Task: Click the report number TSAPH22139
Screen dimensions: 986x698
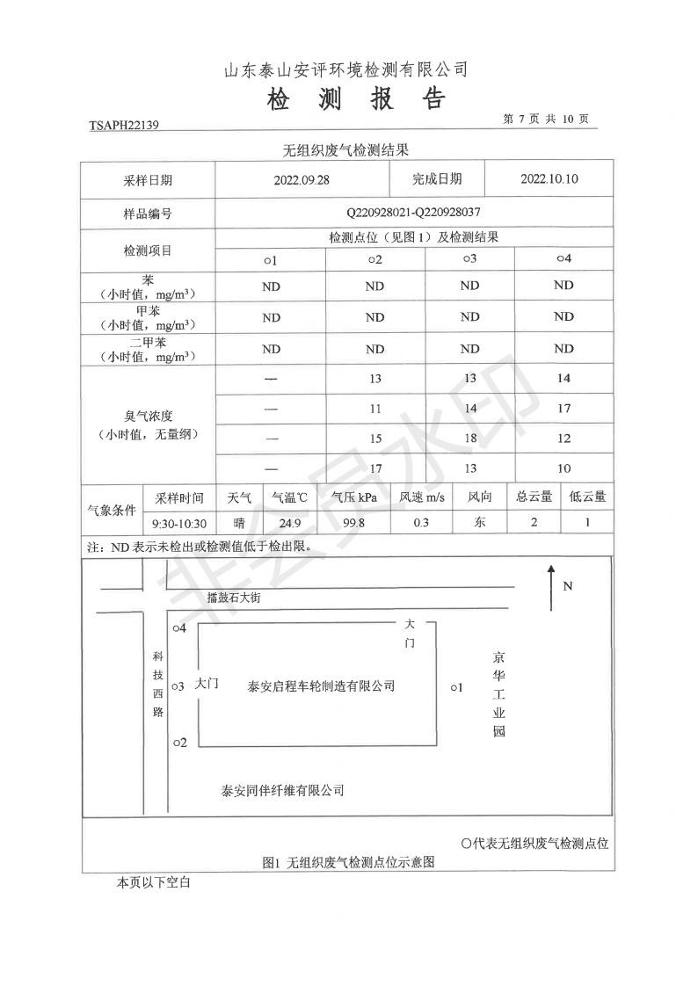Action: click(124, 126)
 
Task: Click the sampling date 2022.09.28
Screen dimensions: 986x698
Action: click(301, 179)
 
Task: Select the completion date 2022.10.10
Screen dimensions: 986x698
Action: click(549, 179)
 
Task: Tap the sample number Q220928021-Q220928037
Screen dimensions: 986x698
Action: click(413, 213)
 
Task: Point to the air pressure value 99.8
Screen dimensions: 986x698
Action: click(353, 524)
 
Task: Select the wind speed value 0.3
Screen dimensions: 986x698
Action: click(421, 524)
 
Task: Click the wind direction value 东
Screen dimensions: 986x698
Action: click(480, 523)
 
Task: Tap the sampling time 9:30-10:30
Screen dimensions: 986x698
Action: click(179, 524)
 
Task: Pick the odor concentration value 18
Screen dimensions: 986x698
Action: click(470, 438)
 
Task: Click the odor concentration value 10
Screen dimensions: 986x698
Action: click(563, 468)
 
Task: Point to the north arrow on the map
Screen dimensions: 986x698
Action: click(551, 588)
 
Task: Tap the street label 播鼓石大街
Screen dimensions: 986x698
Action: click(235, 598)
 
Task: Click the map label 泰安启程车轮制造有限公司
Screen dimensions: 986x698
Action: click(321, 685)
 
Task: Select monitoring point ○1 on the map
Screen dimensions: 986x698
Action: click(455, 687)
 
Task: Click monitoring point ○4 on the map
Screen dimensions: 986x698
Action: click(179, 628)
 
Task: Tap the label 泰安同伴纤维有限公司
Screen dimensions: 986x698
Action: click(282, 790)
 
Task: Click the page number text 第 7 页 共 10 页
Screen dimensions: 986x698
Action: click(545, 119)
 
